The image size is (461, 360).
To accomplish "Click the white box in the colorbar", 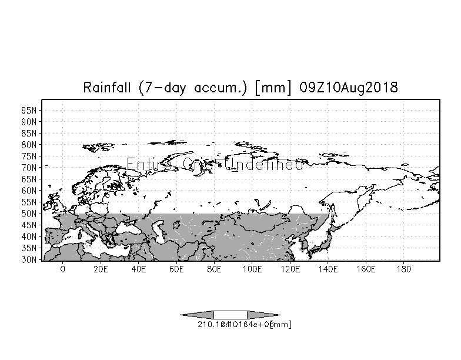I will [x=230, y=315].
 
